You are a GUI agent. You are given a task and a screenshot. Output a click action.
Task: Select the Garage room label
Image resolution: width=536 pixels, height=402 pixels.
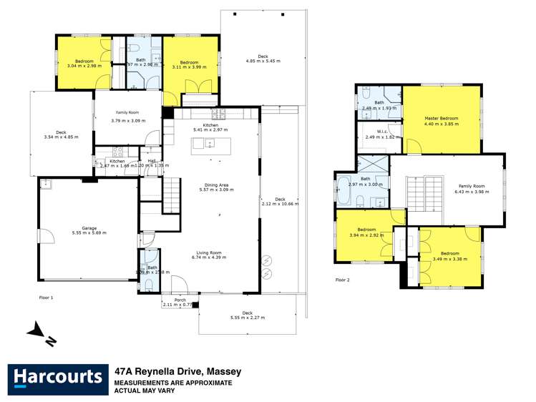[88, 227]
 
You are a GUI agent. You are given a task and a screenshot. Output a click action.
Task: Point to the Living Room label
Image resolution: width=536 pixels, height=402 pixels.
[210, 253]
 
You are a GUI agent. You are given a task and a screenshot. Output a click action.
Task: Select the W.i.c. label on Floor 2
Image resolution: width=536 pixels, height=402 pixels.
[373, 131]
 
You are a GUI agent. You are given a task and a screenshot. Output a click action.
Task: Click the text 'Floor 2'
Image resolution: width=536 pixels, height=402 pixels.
[343, 280]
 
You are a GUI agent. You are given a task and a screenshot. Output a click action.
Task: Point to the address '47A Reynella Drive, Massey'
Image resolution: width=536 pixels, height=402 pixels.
[178, 372]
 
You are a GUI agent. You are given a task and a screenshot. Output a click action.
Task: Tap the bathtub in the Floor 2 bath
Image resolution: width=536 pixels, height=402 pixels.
[343, 192]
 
